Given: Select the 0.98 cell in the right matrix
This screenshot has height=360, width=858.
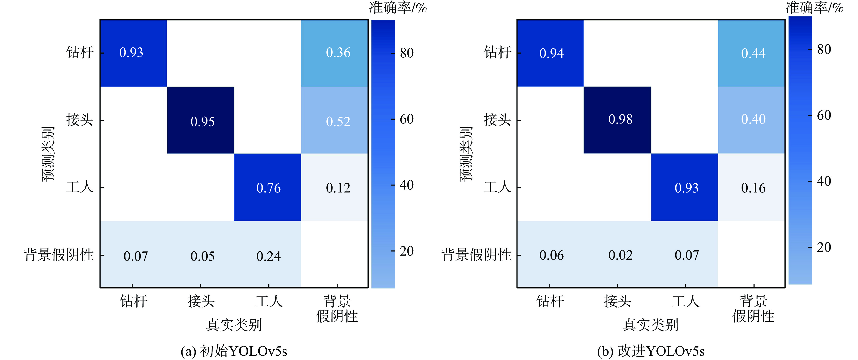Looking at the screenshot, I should (x=620, y=119).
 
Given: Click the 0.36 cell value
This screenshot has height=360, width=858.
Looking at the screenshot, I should (x=338, y=53).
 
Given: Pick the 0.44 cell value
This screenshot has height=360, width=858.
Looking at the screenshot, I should (x=753, y=53).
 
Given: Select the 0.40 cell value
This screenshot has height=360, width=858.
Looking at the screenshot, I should (x=753, y=119).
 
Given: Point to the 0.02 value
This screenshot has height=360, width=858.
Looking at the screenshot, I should (x=620, y=255).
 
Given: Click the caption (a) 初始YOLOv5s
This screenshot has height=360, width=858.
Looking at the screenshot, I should (x=234, y=351).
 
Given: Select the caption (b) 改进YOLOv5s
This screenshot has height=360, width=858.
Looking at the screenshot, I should (x=651, y=351).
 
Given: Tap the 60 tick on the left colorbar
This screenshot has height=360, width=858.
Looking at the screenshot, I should (x=406, y=119).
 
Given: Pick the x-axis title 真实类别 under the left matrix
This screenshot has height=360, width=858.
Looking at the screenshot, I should (x=234, y=325).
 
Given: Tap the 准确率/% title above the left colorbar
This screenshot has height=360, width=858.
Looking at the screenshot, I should (x=398, y=7).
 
